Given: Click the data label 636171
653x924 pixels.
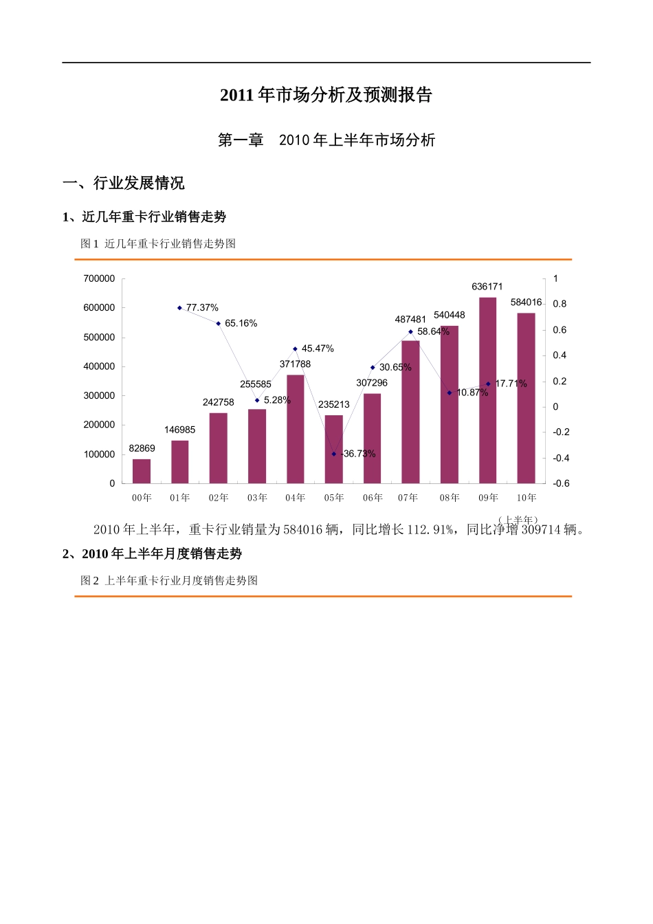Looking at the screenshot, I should (x=487, y=287).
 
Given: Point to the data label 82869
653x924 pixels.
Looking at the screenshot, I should (x=142, y=448).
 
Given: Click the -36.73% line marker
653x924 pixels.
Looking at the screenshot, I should (x=334, y=454).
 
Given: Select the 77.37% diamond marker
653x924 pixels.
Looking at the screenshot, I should (x=179, y=308).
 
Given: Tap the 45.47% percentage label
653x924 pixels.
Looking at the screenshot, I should (x=318, y=349).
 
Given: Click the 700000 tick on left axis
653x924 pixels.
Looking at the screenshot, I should (x=99, y=278).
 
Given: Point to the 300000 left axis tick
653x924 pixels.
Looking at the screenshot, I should (x=99, y=396).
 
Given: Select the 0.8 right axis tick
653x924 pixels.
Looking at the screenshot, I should (x=560, y=304).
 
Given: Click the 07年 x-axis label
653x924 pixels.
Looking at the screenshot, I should (x=408, y=498).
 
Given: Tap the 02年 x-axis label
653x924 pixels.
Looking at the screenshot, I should (x=219, y=498).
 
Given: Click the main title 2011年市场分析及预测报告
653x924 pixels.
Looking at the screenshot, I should (x=326, y=95).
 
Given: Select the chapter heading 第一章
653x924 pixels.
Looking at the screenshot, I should (x=241, y=140).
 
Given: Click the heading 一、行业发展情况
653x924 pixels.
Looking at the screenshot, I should (x=124, y=183).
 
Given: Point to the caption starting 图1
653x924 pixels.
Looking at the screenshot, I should (x=158, y=243).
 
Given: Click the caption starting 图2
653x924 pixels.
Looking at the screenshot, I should (x=169, y=580).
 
